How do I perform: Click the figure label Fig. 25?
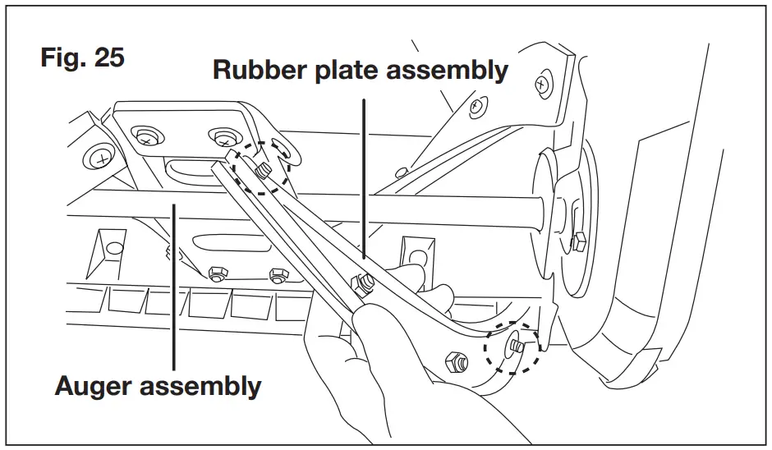point(82,59)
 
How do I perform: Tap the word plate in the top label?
point(346,71)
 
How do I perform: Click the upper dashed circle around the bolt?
point(260,168)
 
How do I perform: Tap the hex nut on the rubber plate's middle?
point(362,283)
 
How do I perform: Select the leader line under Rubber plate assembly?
point(362,172)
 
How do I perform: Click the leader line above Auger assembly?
point(173,287)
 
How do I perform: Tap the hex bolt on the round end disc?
point(578,240)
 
